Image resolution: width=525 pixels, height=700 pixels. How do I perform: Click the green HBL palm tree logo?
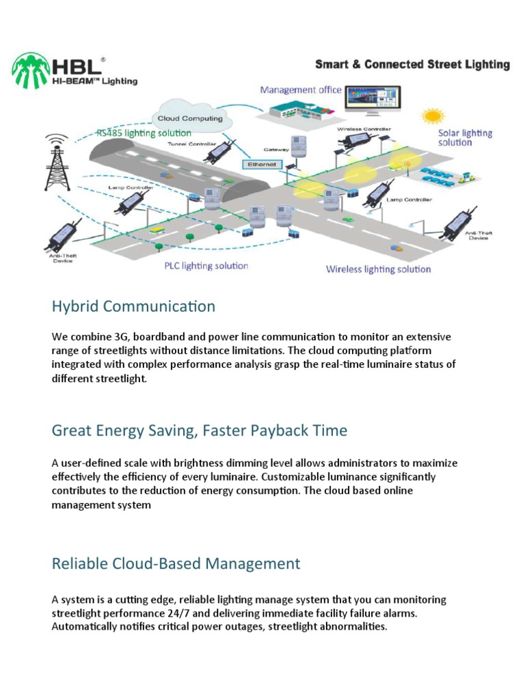pos(30,70)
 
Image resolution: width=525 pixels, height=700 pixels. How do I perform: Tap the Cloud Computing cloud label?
pos(190,118)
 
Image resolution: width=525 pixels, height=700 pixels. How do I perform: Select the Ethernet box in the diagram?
pos(262,164)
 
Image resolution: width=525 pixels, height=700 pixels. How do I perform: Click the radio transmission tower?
pos(57,162)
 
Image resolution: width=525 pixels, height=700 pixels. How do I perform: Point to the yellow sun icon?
pos(432,116)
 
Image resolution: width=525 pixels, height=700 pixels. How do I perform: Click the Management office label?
pos(301,90)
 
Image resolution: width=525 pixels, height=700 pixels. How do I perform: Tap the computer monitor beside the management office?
pos(373,100)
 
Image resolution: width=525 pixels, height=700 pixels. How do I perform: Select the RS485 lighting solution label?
pos(144,133)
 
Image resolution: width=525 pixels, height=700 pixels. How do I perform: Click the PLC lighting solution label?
pos(206,266)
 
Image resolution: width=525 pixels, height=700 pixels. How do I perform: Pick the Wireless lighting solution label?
pos(378,269)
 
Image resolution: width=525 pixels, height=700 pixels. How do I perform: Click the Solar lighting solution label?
pos(465,137)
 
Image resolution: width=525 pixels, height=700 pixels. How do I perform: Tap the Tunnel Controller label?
pos(192,144)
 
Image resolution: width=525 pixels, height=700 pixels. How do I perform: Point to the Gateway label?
pos(276,150)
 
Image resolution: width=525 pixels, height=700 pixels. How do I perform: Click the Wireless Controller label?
pos(364,129)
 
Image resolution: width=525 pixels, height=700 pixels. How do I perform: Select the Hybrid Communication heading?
pos(133,306)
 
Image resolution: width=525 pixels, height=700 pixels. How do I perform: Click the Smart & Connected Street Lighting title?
pos(412,64)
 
